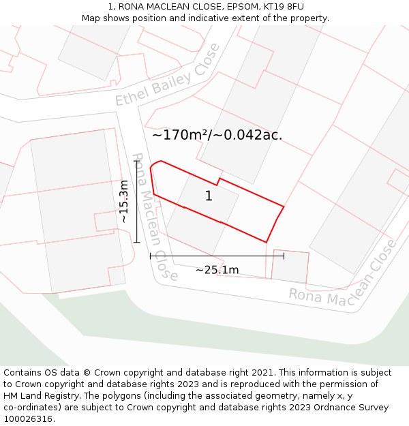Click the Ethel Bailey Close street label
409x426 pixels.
167,75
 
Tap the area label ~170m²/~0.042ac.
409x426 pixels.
217,135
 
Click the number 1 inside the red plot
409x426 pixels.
209,196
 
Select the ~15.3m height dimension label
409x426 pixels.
123,202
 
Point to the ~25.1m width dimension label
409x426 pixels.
217,270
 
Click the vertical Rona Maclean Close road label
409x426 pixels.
154,217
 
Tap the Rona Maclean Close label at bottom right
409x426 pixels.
342,273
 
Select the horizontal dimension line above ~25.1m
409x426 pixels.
217,256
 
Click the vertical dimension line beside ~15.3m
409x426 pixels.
137,202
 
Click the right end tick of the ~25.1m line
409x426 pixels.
284,256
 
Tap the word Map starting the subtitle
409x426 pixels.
91,18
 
